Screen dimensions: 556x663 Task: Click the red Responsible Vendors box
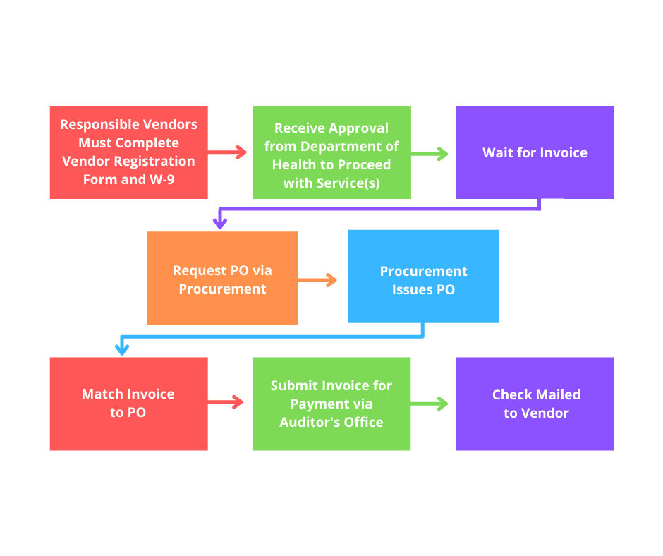128,152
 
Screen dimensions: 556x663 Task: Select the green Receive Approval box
331,152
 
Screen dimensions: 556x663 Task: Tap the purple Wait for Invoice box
535,152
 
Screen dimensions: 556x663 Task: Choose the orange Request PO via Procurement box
222,278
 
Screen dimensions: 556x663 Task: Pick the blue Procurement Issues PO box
423,277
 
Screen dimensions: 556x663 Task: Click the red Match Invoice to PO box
128,404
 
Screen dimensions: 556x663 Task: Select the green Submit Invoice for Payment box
331,404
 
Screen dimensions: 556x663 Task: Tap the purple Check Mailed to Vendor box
535,404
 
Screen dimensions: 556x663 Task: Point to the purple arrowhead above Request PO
220,223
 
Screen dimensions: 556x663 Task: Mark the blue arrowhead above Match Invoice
122,349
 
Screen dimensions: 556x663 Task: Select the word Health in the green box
296,165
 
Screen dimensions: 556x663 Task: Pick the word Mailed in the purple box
557,394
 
